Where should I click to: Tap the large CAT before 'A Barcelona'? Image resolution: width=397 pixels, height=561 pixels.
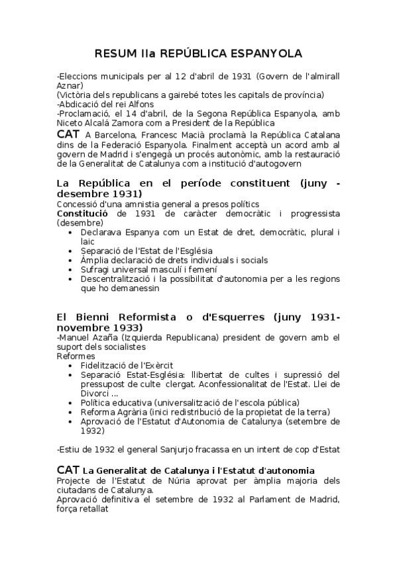click(x=68, y=134)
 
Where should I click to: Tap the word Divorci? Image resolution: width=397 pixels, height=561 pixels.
click(x=97, y=393)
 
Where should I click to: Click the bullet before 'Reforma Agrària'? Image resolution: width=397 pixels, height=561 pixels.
click(x=72, y=411)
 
